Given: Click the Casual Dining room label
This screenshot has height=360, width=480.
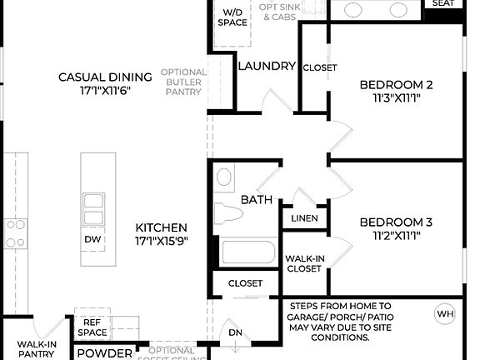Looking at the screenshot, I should click(x=105, y=77).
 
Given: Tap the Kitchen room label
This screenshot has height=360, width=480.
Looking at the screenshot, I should click(x=162, y=227).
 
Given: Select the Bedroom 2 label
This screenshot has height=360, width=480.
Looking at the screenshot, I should click(x=396, y=84).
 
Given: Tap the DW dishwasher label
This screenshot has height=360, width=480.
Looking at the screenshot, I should click(x=93, y=239).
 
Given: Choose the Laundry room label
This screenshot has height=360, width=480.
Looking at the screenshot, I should click(x=267, y=66).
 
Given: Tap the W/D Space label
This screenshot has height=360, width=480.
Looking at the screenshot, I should click(x=232, y=17).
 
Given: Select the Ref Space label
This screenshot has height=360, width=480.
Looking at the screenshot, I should click(x=92, y=327).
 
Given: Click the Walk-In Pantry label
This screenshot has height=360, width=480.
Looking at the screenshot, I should click(x=37, y=348).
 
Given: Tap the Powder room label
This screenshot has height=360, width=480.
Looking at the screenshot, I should click(x=104, y=353).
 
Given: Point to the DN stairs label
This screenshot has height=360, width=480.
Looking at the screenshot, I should click(x=236, y=333).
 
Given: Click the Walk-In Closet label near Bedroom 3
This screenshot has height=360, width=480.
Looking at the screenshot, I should click(x=303, y=263).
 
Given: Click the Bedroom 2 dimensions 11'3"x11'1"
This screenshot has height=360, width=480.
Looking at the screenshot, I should click(x=396, y=97).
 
